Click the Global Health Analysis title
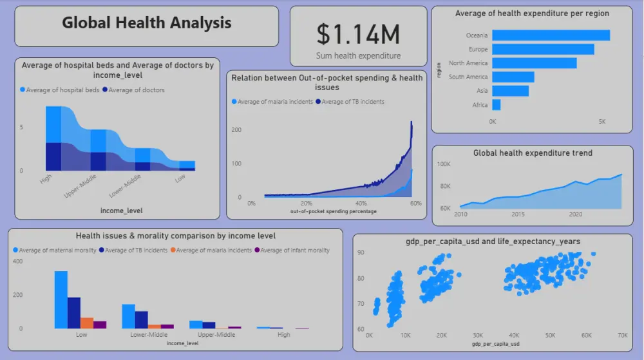point(146,23)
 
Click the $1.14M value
point(358,33)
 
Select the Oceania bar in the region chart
point(551,35)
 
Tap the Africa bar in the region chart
point(496,105)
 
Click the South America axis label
point(468,77)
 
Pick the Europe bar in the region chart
point(543,50)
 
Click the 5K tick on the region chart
point(601,121)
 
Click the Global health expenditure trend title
point(533,153)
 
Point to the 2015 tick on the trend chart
point(517,214)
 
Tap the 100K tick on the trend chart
point(444,164)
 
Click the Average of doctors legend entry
point(136,90)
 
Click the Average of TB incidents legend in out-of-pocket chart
point(352,102)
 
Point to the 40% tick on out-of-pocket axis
point(361,204)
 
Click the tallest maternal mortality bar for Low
point(61,299)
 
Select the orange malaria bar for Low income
point(87,323)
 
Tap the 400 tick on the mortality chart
point(17,261)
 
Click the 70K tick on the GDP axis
point(622,336)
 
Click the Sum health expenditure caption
point(358,56)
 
